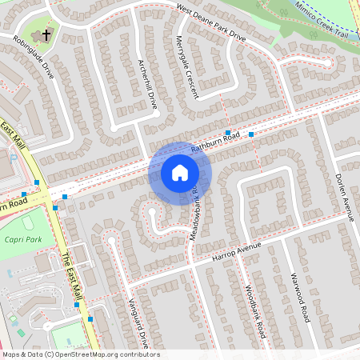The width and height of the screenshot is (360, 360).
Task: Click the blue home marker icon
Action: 179,173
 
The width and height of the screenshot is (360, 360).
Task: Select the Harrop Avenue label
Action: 237,253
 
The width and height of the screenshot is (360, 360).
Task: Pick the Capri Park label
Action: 22,238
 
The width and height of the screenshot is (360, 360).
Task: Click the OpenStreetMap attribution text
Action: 80,354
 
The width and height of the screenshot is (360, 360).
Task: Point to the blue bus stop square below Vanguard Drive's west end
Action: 90,319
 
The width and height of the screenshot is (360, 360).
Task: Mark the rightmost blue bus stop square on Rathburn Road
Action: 251,134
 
